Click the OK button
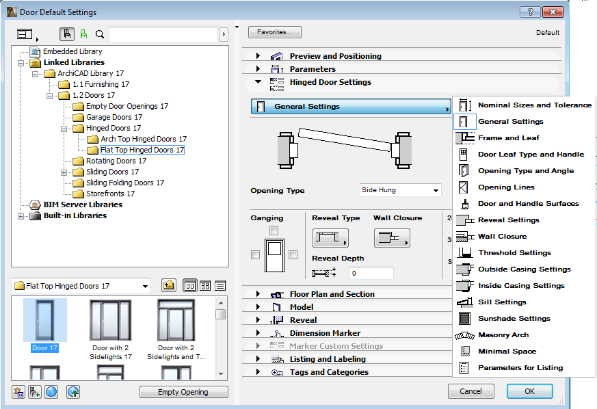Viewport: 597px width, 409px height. (x=529, y=391)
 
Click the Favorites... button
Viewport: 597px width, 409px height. (x=274, y=32)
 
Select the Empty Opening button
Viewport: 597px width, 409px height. (x=183, y=392)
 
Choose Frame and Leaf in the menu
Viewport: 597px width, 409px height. (x=508, y=138)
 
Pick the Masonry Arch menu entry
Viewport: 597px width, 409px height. (x=503, y=335)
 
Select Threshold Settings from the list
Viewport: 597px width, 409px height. (x=514, y=253)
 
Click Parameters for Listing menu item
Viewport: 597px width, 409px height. (x=520, y=368)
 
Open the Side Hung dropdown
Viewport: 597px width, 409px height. (x=400, y=190)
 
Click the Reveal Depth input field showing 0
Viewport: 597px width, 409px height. (x=371, y=274)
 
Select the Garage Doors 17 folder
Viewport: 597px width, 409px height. (x=114, y=117)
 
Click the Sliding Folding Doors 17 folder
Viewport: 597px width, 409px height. (x=124, y=183)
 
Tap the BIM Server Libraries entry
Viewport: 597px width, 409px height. (x=83, y=204)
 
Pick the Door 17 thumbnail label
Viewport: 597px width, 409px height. (x=45, y=348)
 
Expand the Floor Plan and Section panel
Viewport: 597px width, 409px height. (x=332, y=294)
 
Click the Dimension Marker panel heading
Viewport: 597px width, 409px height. (x=325, y=333)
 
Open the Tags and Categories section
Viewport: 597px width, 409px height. (x=328, y=372)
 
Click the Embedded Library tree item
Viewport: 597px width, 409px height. (x=72, y=51)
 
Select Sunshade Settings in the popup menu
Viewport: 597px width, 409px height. (x=514, y=319)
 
